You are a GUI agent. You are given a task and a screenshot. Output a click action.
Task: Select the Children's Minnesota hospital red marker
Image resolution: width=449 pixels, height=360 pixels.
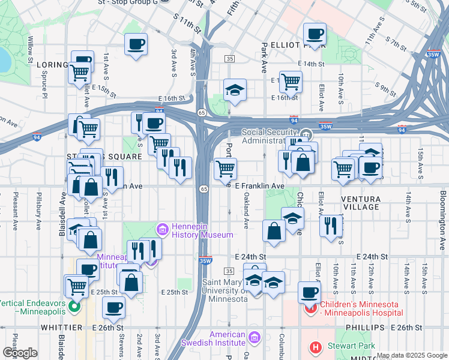tap(310, 309)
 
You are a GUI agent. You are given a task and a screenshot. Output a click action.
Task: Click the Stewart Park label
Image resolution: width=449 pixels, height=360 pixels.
tap(351, 346)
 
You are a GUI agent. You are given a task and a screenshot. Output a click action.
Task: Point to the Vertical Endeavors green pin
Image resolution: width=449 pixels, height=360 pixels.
tap(74, 308)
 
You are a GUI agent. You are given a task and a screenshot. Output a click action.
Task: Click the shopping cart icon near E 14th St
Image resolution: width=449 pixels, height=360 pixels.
tap(291, 80)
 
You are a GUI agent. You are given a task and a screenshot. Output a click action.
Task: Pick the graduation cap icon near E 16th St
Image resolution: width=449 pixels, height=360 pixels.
tap(235, 90)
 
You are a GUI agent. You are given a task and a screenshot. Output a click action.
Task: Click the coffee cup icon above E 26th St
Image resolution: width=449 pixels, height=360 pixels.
tap(113, 308)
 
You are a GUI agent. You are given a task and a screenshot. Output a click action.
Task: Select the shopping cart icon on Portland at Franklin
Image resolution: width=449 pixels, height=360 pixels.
tap(225, 169)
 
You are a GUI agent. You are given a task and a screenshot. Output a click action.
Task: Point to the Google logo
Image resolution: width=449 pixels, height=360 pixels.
tap(19, 353)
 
